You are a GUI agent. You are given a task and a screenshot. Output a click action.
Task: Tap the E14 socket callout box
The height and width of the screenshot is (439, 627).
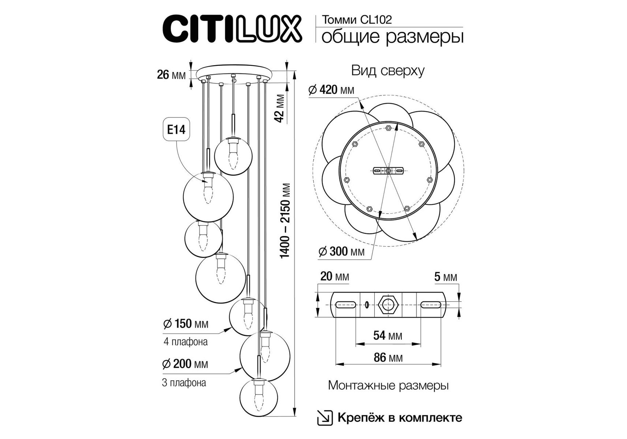point(176,130)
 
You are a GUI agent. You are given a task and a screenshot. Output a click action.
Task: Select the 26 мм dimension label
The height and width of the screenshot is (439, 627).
point(171,75)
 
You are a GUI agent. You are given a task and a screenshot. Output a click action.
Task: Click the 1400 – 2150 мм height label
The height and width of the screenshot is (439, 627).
point(285,221)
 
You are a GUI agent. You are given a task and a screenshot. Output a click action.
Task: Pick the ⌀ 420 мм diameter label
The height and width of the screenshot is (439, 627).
point(331,90)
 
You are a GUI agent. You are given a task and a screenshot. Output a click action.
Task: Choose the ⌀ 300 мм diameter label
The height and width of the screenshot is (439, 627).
point(341,252)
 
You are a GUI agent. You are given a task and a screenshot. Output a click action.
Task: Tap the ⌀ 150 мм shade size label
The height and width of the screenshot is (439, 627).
point(186,324)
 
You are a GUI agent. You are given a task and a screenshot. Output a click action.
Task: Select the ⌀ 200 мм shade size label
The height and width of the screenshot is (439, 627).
point(185,364)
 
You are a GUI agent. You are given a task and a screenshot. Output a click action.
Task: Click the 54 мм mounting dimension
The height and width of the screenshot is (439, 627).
point(388,335)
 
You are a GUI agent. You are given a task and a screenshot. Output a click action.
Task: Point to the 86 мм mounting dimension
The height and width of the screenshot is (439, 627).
point(388,357)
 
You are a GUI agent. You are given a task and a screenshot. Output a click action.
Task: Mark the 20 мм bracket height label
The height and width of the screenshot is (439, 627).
point(335,277)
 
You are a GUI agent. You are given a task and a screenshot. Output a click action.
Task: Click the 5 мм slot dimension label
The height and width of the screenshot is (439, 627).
point(446,277)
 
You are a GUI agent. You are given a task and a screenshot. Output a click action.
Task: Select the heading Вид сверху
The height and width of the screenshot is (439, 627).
point(388,71)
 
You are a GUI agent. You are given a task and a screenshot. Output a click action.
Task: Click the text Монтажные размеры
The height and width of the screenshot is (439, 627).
point(388,386)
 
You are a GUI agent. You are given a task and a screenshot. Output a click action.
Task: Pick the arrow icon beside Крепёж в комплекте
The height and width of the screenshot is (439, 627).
point(325,418)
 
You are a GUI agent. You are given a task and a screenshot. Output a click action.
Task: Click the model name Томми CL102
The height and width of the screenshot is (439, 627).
point(356,20)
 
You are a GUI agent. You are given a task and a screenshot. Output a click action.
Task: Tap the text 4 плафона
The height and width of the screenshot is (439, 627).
point(186,342)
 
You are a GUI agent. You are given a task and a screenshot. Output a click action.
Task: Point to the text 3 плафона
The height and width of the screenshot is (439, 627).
point(184,383)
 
